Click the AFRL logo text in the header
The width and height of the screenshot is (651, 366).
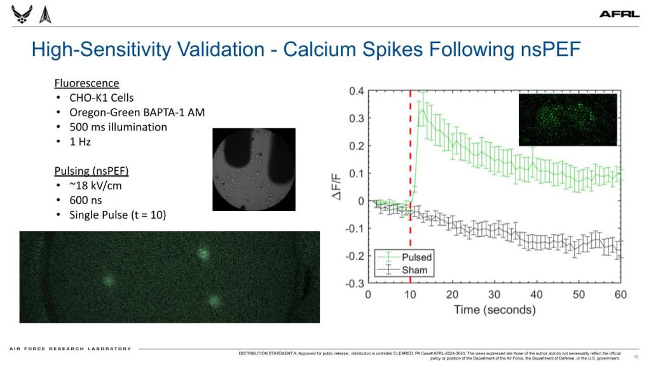(619, 14)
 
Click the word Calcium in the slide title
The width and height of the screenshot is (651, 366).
(336, 49)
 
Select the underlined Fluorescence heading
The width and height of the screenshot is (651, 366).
(86, 83)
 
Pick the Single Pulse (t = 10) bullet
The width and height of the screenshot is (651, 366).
(118, 215)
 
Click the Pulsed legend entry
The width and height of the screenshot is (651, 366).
(416, 257)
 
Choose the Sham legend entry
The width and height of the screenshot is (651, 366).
(415, 270)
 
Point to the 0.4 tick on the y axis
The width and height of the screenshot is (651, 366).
(357, 91)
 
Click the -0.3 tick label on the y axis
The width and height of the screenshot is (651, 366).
(355, 283)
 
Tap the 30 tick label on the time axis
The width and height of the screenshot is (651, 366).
(494, 295)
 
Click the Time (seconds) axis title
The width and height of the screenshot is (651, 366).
(494, 310)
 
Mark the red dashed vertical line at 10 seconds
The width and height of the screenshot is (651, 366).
(410, 159)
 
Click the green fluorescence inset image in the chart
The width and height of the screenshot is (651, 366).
(568, 119)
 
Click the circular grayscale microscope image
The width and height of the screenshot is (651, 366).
(254, 169)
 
